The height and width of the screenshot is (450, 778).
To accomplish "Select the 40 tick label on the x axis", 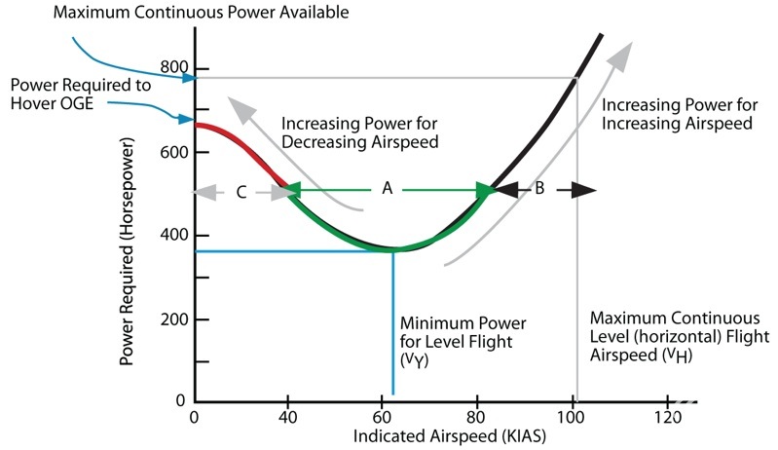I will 287,418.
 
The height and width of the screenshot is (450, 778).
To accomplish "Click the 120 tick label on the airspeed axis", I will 667,418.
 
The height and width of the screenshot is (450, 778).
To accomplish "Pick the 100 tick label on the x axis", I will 572,418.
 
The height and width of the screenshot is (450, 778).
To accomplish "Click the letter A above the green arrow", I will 387,190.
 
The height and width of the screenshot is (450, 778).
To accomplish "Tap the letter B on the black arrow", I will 538,189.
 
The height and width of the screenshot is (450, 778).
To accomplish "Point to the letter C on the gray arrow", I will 241,192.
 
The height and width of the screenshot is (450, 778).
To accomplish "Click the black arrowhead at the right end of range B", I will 584,191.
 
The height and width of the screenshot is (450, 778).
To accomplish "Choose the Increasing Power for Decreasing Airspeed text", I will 357,132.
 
